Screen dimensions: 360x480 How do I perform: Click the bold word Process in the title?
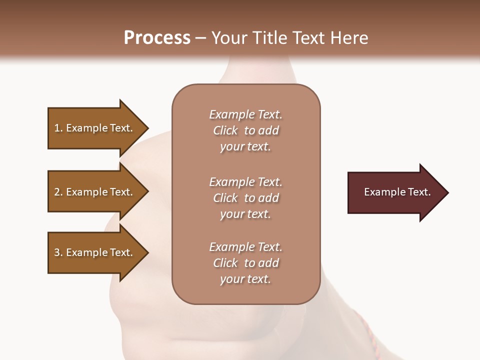tap(157, 38)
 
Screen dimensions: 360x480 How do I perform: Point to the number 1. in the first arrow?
tap(58, 128)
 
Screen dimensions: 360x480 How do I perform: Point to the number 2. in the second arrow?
tap(58, 192)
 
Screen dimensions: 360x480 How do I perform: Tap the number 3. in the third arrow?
tap(58, 252)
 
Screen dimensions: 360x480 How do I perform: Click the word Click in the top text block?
tap(225, 130)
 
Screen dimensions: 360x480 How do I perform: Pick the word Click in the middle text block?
tap(225, 198)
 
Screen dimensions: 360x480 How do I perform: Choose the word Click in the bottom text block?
tap(225, 263)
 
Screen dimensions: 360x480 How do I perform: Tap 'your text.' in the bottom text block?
tap(245, 279)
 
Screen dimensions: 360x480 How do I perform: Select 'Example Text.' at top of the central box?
tap(245, 114)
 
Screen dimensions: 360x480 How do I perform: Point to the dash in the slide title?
tap(201, 38)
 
